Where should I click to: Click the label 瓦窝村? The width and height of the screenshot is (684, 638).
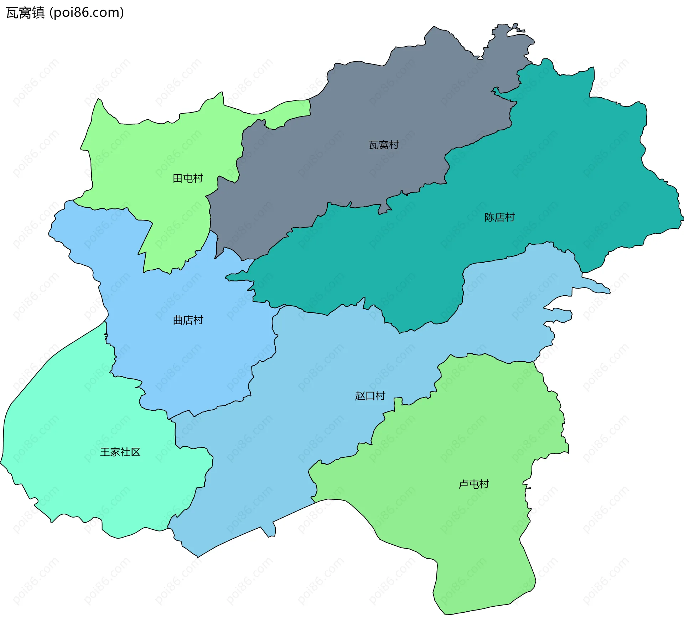(383, 145)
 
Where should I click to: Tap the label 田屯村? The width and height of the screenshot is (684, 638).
(188, 178)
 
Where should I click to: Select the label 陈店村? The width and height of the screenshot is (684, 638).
(499, 217)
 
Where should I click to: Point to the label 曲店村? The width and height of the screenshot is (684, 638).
(188, 320)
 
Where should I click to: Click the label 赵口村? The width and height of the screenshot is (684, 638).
(370, 396)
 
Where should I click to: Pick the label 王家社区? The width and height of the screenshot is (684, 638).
(120, 452)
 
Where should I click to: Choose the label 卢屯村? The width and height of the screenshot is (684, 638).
(473, 484)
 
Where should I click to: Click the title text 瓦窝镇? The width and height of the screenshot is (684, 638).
(25, 13)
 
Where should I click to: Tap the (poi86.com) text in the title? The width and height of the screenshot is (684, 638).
(87, 13)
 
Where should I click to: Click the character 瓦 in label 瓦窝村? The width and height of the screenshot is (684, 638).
(373, 145)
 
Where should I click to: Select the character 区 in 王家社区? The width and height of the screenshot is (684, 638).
(136, 452)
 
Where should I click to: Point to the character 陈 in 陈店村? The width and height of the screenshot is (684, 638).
(489, 217)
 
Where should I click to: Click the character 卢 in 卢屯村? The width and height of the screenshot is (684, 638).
(463, 484)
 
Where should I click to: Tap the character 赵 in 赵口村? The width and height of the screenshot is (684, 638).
(360, 396)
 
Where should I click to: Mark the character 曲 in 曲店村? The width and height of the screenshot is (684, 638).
(178, 320)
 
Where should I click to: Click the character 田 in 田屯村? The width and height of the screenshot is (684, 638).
(178, 178)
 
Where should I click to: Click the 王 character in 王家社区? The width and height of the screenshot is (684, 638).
(105, 452)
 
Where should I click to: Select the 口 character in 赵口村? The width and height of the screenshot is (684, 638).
(370, 396)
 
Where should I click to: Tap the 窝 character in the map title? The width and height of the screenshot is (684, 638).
(25, 13)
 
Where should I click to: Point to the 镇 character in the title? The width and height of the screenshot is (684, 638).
(38, 13)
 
